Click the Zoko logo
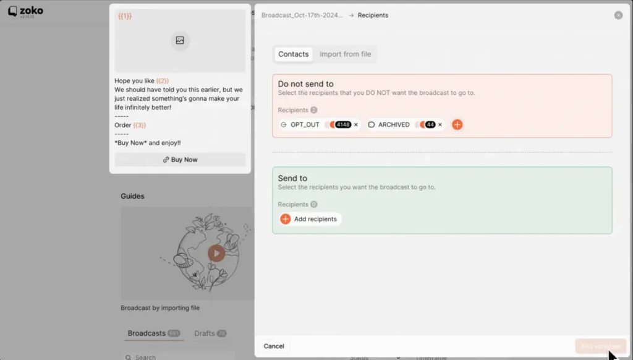point(25,11)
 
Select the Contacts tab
point(293,54)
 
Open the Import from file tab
point(345,54)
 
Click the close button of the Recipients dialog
point(618,15)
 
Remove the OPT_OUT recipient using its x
point(356,125)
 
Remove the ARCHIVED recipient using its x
point(440,125)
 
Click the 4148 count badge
point(342,125)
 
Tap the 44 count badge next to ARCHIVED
point(430,125)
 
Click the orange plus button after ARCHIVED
point(457,125)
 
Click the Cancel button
point(274,346)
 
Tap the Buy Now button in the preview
point(180,160)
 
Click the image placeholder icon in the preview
point(180,41)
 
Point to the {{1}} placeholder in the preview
point(125,17)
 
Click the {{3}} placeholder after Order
point(140,125)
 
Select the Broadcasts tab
point(147,333)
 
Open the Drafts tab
point(205,333)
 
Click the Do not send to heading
point(305,84)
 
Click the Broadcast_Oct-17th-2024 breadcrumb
point(302,15)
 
